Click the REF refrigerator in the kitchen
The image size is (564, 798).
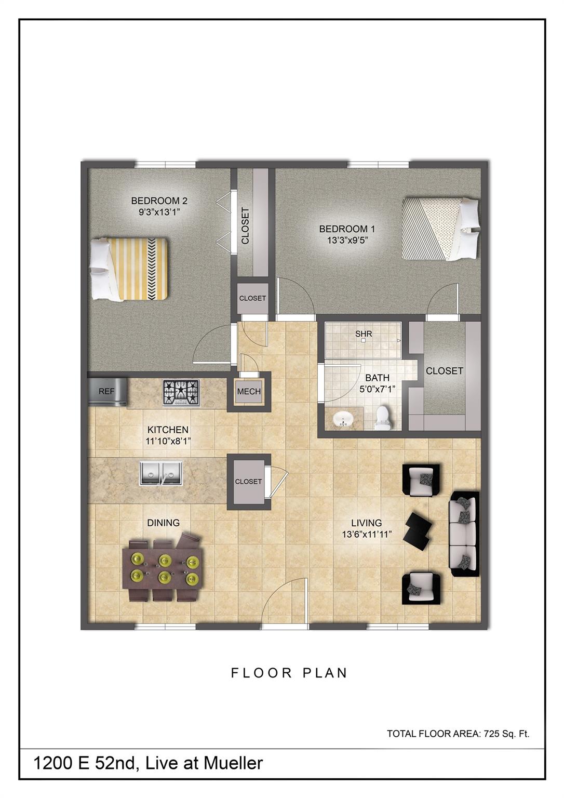click(108, 391)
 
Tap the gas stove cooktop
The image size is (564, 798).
click(181, 392)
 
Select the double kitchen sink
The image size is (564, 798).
click(161, 473)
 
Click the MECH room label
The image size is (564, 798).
click(249, 392)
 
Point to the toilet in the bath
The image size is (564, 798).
click(382, 417)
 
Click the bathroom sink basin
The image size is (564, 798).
click(342, 419)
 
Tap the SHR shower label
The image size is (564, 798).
click(364, 334)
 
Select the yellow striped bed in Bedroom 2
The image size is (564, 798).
click(130, 269)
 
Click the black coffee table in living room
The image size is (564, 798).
click(419, 530)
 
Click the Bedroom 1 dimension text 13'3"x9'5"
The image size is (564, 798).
click(347, 240)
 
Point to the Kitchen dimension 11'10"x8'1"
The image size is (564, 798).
click(168, 441)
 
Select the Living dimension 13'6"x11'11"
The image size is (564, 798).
click(366, 534)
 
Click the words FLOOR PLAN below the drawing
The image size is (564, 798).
click(289, 673)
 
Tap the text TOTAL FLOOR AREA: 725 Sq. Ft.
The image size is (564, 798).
click(458, 734)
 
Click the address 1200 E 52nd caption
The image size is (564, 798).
click(148, 763)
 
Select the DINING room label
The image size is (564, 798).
click(164, 523)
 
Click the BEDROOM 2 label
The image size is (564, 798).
click(159, 201)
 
